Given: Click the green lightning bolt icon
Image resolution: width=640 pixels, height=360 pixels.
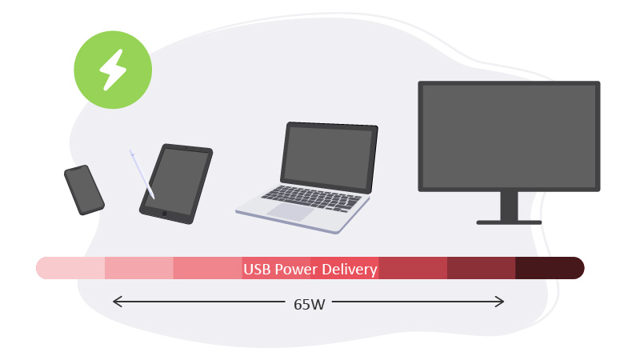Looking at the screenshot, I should tap(113, 70).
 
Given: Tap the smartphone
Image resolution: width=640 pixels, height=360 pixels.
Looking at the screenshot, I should tap(84, 190).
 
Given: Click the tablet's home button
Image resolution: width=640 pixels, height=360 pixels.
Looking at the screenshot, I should tap(164, 214).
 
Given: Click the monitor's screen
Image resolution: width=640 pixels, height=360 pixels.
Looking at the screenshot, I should tap(509, 135).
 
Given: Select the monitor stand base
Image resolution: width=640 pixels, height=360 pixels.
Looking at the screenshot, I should tap(509, 222).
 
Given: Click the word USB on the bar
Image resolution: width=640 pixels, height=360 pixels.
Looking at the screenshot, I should tap(257, 270).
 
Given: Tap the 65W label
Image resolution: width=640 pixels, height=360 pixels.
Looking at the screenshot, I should tap(310, 304).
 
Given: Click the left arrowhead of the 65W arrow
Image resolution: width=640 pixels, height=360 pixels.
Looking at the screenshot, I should tap(115, 302).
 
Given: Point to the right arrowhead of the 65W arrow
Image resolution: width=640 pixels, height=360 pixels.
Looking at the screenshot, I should tap(502, 302).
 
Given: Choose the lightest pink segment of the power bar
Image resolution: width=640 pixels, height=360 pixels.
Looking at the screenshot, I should tap(71, 268).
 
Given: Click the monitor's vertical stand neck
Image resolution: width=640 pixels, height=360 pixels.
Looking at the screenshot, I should tap(509, 206).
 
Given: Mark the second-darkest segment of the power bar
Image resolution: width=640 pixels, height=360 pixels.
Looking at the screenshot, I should tap(480, 268).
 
